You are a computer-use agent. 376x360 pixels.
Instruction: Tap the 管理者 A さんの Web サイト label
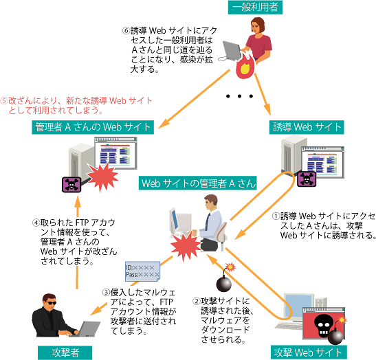(94, 127)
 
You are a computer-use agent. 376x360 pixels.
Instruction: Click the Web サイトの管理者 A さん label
(198, 183)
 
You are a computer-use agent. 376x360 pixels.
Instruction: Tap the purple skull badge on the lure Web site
(304, 179)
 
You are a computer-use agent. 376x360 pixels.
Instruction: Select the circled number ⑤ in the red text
(6, 100)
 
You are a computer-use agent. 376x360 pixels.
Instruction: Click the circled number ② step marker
(196, 300)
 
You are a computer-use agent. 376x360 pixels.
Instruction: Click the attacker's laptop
(86, 329)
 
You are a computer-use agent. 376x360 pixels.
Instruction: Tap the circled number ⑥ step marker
(126, 30)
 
